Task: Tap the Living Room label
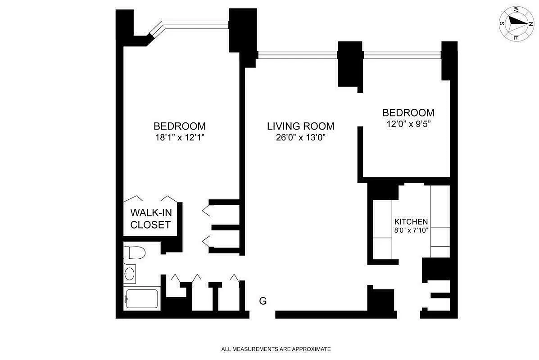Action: (300, 126)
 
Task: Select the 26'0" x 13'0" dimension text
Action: (300, 138)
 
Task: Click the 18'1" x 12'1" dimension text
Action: (179, 138)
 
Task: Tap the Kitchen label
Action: (411, 221)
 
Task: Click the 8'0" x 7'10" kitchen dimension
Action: (411, 230)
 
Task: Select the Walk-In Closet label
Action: (150, 219)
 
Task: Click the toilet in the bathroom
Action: (135, 253)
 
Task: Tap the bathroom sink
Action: (130, 273)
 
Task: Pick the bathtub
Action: (141, 298)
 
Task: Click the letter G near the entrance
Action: (263, 301)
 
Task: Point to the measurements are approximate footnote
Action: (276, 349)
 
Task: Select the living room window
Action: (297, 55)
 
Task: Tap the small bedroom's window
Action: (402, 55)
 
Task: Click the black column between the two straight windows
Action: (350, 63)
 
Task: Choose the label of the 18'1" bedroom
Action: (179, 126)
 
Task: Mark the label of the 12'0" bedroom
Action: (408, 112)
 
